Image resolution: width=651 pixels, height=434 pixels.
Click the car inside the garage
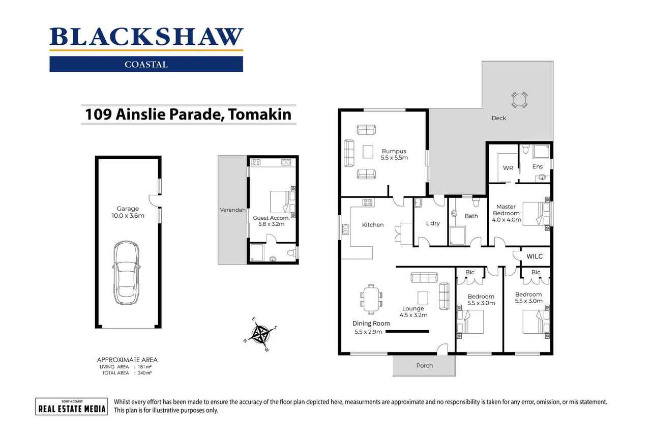point(127,272)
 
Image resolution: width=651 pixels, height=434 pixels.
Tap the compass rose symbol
point(262,334)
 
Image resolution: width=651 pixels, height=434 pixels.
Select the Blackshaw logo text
point(146,37)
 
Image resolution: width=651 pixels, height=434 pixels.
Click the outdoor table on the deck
point(519,99)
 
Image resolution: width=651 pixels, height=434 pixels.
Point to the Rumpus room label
point(394,151)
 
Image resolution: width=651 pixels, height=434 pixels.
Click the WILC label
point(535,256)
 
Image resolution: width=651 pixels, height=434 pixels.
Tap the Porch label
point(424,365)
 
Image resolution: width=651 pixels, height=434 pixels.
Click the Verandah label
point(232,210)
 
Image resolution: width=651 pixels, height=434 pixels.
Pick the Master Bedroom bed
point(535,213)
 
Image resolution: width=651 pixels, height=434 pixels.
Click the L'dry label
point(433,223)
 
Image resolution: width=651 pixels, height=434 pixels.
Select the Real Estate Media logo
point(71,406)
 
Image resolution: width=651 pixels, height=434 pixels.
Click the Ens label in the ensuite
point(538,166)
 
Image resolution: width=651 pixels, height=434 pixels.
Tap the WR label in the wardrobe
point(508,168)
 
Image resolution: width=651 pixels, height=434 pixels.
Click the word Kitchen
point(373,225)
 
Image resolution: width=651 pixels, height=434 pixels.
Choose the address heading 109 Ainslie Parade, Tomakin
point(188,114)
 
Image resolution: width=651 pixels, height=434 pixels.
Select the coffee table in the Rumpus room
point(368,152)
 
